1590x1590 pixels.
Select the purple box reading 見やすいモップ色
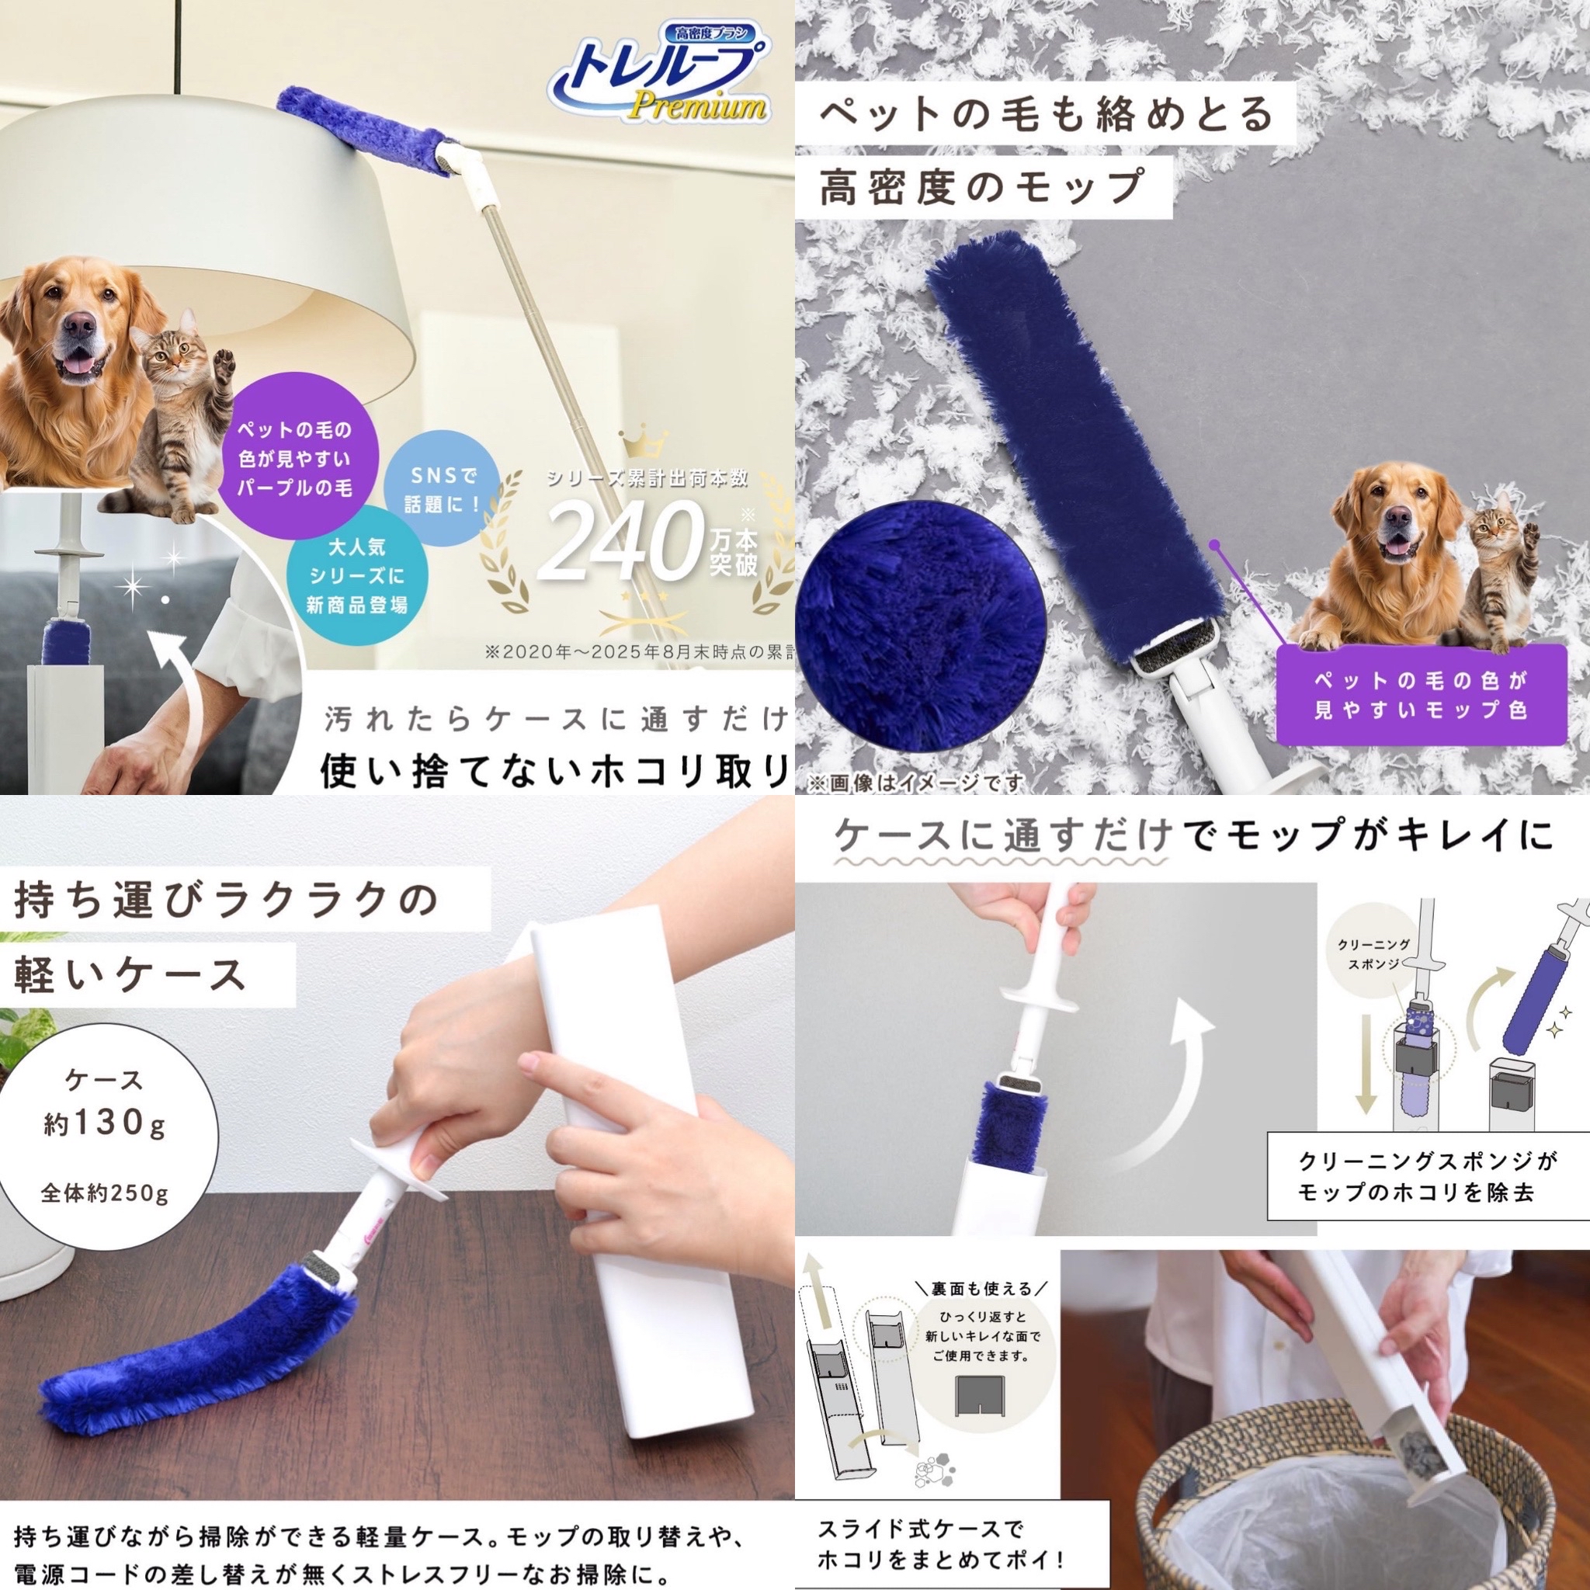tap(1419, 694)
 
